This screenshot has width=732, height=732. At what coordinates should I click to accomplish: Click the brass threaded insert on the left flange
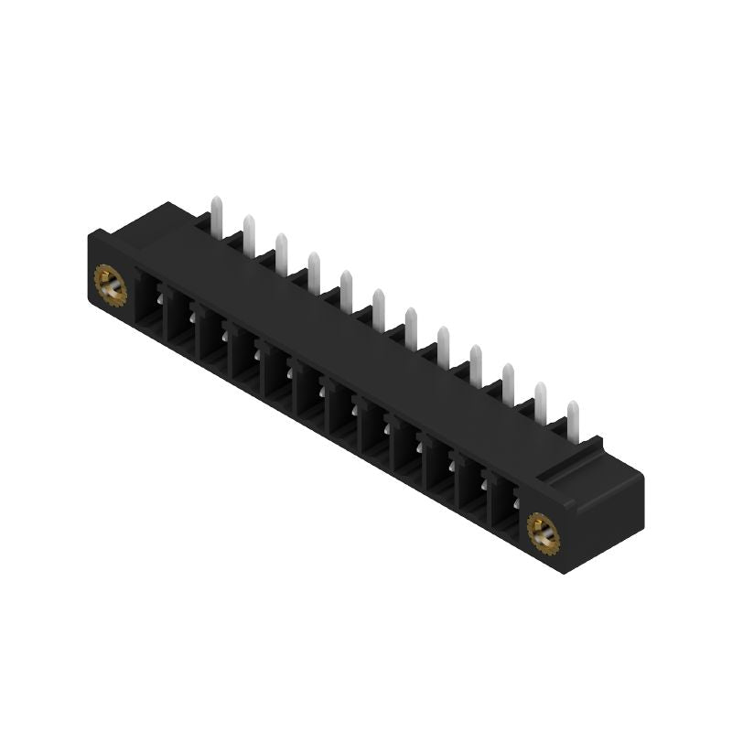(x=109, y=288)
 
